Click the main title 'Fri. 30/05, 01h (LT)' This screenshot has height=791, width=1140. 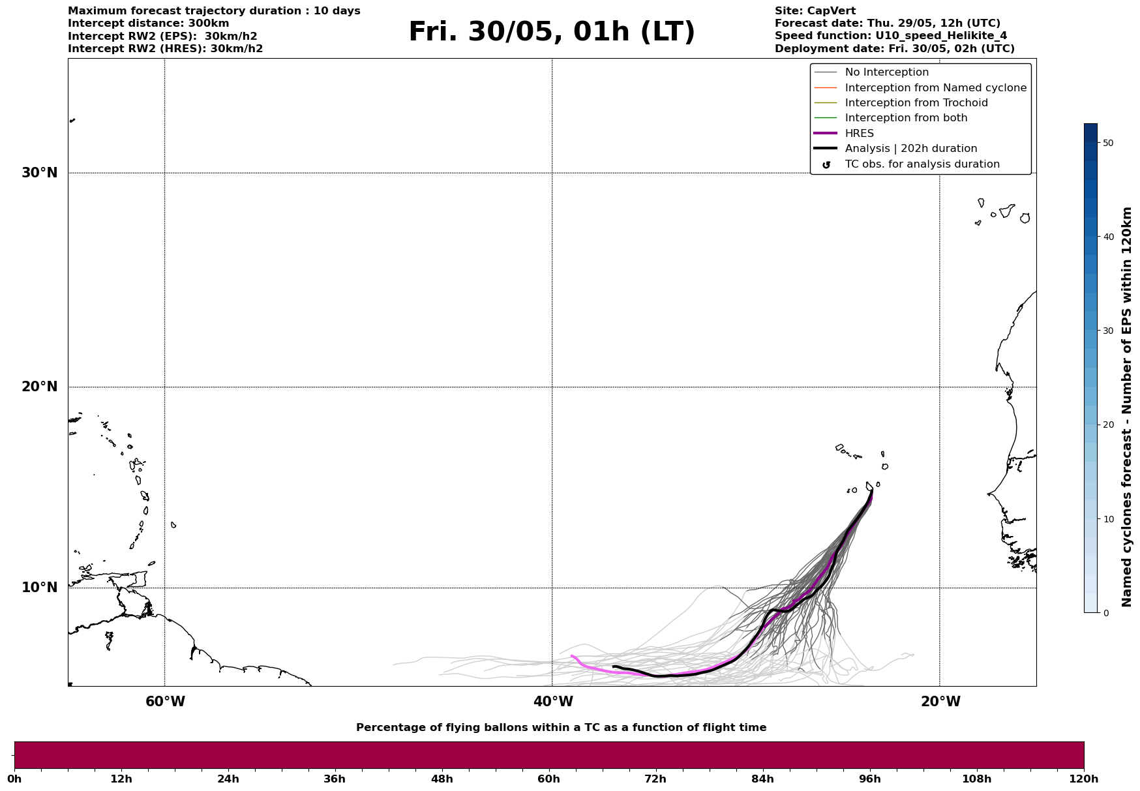tap(552, 32)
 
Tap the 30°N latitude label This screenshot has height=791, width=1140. tap(40, 173)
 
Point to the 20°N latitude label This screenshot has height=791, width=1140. tap(40, 387)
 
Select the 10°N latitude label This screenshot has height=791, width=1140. tap(40, 588)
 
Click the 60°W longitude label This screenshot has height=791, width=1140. tap(165, 702)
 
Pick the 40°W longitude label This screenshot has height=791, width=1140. tap(553, 702)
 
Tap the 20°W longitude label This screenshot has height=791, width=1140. tap(940, 702)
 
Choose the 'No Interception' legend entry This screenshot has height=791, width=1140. tap(886, 72)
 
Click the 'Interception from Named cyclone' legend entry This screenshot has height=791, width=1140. tap(935, 88)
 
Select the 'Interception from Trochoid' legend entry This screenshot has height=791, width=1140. tap(916, 103)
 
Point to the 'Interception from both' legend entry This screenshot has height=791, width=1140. tap(906, 118)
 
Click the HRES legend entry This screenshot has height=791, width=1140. tap(859, 134)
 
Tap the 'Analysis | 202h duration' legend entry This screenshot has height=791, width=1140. tap(910, 149)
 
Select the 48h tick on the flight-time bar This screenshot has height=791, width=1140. tap(442, 779)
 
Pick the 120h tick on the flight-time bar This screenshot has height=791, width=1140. tap(1083, 779)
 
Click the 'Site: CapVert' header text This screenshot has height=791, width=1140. tap(815, 11)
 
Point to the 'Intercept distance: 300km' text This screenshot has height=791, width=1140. tap(148, 23)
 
